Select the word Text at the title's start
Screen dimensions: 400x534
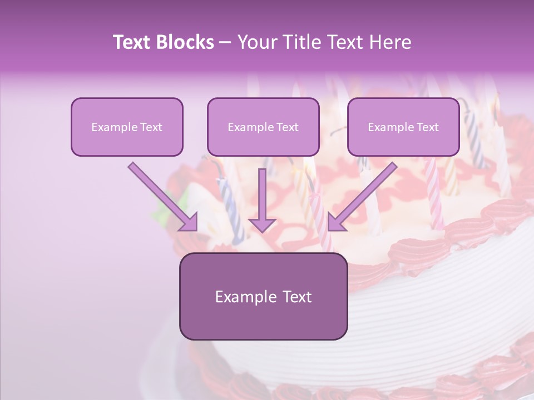[133, 42]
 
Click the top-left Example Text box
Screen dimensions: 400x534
[127, 127]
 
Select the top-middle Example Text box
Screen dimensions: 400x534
[263, 127]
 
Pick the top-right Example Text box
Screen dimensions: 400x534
[403, 127]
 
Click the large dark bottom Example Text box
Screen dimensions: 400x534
[263, 296]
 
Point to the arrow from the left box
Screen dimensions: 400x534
[161, 196]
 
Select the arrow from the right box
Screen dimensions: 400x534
[364, 196]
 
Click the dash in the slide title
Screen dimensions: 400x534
[225, 42]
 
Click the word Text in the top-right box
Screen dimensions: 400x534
[427, 127]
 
